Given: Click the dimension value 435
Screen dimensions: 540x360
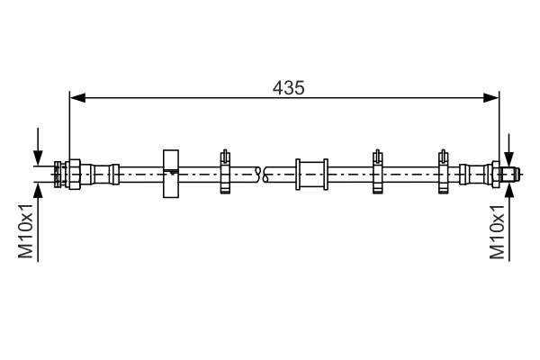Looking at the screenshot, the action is (x=289, y=88).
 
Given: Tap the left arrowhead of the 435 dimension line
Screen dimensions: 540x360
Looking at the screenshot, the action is (x=77, y=98).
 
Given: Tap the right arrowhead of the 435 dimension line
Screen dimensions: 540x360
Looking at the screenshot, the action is (x=491, y=98).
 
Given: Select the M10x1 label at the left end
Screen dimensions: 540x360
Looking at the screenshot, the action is (x=26, y=231).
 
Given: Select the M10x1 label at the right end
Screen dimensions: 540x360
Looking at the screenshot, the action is (x=498, y=231).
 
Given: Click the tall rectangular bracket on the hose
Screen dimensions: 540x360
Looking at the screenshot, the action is (x=171, y=174).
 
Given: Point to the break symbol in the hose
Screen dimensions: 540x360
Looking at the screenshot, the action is (x=263, y=174).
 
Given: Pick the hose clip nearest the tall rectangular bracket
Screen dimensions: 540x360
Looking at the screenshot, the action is (x=225, y=172).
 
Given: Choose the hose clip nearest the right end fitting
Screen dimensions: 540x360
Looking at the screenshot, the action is (x=443, y=172).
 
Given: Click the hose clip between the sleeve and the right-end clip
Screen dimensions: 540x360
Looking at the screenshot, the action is (x=377, y=172).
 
